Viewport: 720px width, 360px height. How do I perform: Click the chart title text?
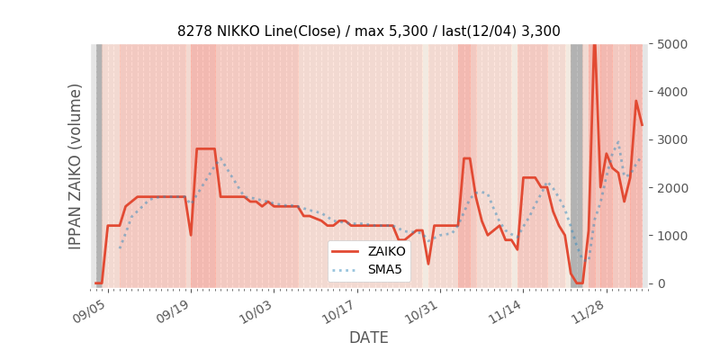368,31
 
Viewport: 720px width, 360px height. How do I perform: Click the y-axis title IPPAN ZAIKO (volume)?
76,166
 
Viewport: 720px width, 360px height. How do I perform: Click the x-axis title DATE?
368,337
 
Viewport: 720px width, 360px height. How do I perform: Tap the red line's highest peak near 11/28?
594,46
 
